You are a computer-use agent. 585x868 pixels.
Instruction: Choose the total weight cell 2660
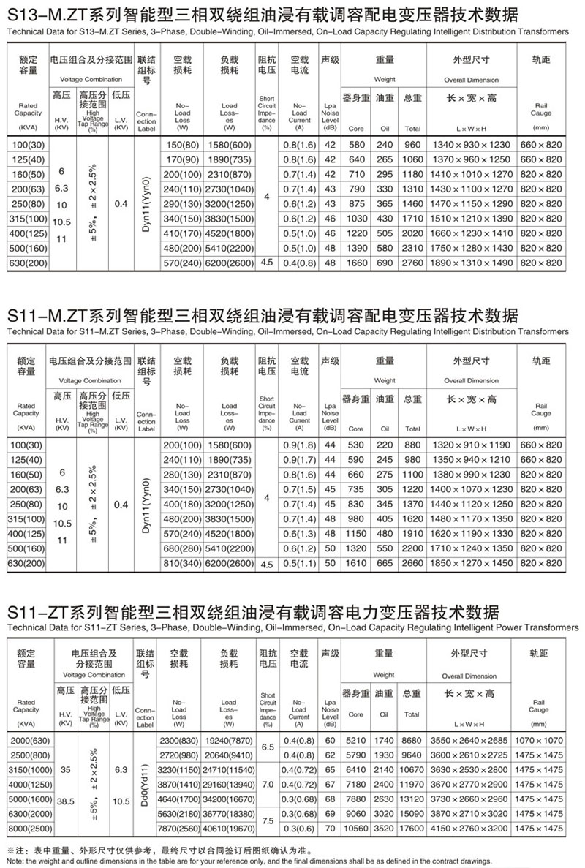[413, 563]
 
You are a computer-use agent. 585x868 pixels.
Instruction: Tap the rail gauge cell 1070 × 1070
[542, 741]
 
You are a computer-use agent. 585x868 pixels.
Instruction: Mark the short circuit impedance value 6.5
[267, 748]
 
